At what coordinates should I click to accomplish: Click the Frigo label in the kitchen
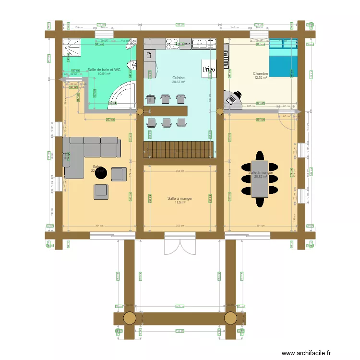coord(209,69)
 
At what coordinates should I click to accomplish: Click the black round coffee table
coord(101,173)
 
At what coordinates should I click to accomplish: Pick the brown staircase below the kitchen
coord(178,149)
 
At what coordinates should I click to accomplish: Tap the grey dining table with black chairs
coord(260,179)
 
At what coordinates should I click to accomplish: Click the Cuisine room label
coord(179,78)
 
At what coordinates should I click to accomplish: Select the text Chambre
coord(261,74)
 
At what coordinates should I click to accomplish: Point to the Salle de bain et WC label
coord(104,70)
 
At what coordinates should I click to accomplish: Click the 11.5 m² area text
coord(180,203)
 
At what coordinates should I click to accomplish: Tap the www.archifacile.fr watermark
coord(306,353)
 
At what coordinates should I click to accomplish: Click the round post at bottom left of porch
coord(130,318)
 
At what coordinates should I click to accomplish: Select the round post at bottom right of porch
coord(230,318)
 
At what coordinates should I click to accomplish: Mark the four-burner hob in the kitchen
coord(172,44)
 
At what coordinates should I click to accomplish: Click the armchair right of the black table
coord(119,174)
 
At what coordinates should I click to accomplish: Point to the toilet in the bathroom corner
coord(130,47)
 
